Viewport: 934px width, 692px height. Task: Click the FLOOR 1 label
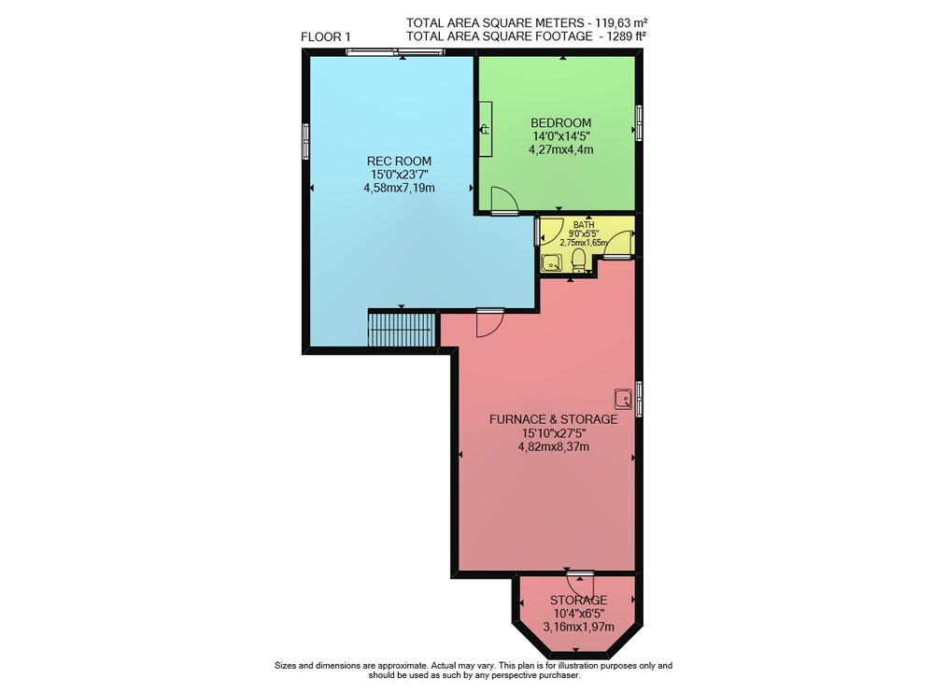(x=325, y=37)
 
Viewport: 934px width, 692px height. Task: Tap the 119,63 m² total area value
(x=619, y=22)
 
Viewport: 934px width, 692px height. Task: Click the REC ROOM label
(x=399, y=161)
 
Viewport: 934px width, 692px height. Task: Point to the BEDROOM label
(x=561, y=122)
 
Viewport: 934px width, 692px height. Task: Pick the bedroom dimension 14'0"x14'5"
(x=561, y=135)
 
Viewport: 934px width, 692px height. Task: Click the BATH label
(x=584, y=224)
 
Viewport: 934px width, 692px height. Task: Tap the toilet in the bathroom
(x=578, y=261)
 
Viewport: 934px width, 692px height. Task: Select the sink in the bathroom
(x=551, y=262)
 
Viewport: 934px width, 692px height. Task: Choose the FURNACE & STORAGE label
(x=553, y=419)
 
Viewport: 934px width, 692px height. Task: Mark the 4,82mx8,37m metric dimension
(x=553, y=446)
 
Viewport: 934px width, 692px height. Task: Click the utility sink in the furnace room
(x=624, y=399)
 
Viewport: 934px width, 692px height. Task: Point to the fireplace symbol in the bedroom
(x=486, y=128)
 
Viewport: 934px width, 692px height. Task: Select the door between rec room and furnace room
(x=490, y=323)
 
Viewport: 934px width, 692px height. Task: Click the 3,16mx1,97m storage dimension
(x=578, y=627)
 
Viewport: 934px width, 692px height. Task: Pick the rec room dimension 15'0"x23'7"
(x=399, y=175)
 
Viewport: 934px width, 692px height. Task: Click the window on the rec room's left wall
(x=305, y=141)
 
